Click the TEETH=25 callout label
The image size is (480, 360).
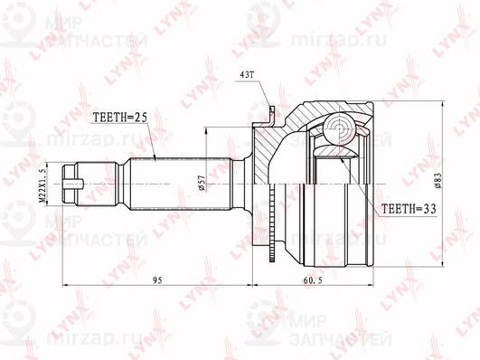120,117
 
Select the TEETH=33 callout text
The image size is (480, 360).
409,209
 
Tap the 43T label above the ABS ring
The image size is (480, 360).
247,75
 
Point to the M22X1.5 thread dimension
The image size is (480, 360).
42,183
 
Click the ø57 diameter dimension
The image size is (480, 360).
202,184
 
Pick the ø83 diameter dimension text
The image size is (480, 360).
438,181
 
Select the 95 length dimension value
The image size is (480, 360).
157,280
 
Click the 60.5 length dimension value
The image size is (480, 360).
313,280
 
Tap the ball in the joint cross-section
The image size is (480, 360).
340,128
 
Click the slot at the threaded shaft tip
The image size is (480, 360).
73,184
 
